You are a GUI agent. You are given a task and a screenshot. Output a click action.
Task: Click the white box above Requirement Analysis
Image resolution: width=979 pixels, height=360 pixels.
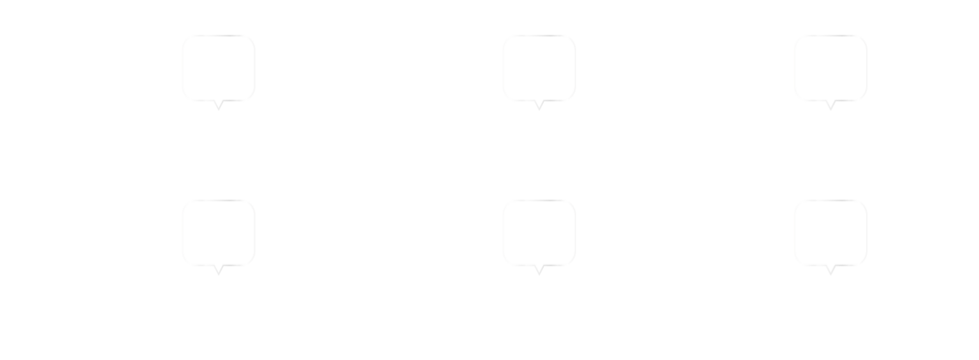(218, 68)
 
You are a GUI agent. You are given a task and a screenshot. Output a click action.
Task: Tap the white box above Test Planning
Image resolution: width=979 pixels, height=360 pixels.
(539, 68)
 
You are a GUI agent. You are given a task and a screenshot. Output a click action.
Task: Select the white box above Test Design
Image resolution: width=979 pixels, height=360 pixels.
(830, 68)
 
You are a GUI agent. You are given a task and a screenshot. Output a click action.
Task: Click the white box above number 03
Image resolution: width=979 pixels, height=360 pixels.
(218, 232)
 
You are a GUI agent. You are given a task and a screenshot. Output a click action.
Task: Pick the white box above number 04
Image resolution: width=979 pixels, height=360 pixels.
(539, 232)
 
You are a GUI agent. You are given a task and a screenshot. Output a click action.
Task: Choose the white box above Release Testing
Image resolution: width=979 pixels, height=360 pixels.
(830, 232)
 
